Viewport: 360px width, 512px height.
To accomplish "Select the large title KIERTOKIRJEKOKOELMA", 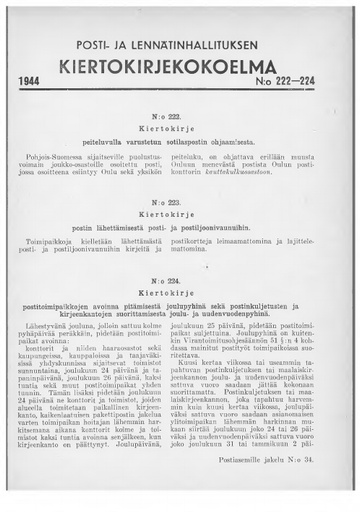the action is click(179, 66).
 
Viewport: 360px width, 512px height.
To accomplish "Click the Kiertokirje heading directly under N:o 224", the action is click(179, 268).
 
